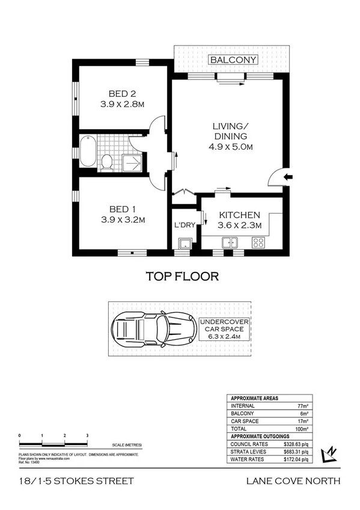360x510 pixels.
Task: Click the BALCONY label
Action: point(233,60)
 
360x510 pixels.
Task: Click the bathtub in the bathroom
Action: point(88,152)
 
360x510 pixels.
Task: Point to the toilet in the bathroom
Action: point(108,161)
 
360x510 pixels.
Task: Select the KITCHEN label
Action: point(239,215)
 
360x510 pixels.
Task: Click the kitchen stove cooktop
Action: point(259,242)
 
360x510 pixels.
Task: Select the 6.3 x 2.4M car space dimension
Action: point(223,337)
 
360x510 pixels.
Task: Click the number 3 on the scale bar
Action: point(87,434)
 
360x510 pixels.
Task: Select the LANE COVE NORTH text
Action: point(293,480)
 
